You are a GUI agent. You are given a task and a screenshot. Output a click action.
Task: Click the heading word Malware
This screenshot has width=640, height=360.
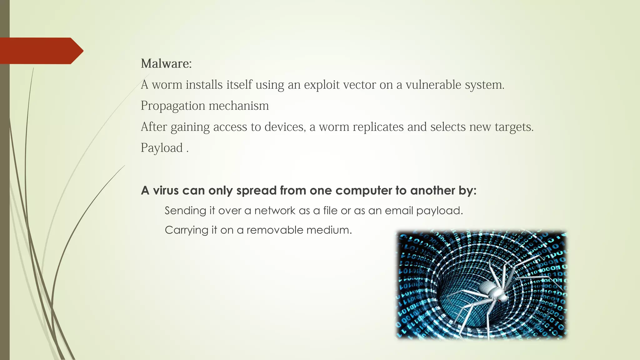tap(166, 64)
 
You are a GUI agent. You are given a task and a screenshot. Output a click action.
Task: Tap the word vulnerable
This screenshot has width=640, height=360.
tap(433, 85)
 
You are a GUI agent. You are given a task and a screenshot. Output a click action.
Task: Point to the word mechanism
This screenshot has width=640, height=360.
tap(239, 106)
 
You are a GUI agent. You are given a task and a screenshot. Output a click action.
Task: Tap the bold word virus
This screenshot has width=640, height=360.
tap(166, 190)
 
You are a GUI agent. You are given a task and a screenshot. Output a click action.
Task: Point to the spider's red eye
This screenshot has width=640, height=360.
tap(499, 300)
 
